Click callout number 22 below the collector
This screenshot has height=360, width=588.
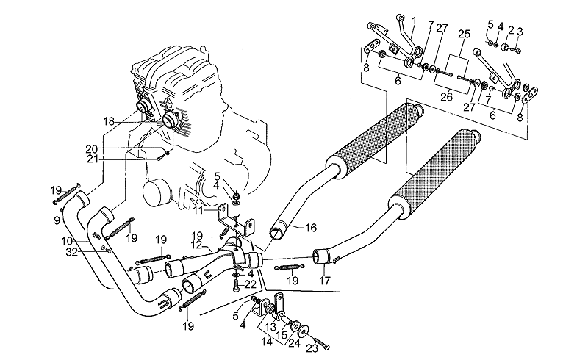click(250, 284)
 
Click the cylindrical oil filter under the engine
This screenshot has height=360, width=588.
click(155, 196)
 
